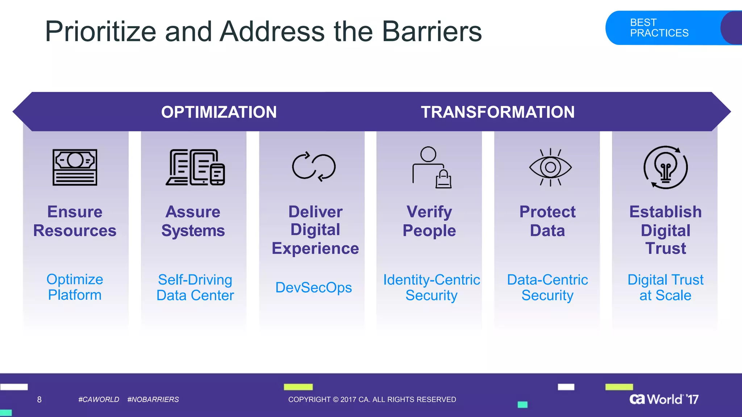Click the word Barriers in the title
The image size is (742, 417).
(x=432, y=31)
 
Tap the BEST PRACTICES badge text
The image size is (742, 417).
(x=659, y=28)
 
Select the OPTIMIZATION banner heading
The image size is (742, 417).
(x=219, y=112)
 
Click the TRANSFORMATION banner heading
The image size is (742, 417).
(x=497, y=112)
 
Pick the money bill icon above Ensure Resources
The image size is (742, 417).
(x=75, y=167)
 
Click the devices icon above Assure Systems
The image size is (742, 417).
(x=195, y=167)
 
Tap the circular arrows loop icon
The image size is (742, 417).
(x=314, y=167)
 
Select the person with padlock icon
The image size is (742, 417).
(x=431, y=167)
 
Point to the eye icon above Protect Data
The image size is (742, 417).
(x=550, y=167)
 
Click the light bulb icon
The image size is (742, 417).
(x=666, y=168)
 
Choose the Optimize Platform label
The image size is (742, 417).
(x=75, y=287)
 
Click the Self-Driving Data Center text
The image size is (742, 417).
(x=195, y=287)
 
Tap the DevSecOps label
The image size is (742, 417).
(x=313, y=287)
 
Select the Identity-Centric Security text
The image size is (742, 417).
(x=432, y=287)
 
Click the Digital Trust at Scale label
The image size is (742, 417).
(x=666, y=287)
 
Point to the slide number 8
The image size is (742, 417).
(x=39, y=400)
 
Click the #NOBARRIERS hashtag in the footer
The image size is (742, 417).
(x=153, y=400)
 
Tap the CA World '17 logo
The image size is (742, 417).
(x=664, y=399)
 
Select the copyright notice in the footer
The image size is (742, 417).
(x=372, y=400)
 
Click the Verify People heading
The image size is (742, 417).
(x=429, y=221)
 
